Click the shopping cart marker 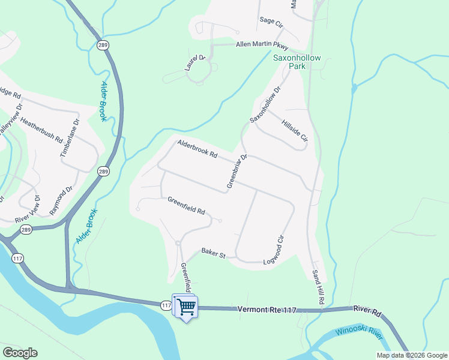pyautogui.click(x=187, y=307)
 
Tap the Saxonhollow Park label pyautogui.click(x=298, y=62)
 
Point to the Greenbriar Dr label pyautogui.click(x=237, y=172)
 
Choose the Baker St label pyautogui.click(x=213, y=253)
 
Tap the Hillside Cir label pyautogui.click(x=295, y=129)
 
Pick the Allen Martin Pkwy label pyautogui.click(x=262, y=46)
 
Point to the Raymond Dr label pyautogui.click(x=61, y=200)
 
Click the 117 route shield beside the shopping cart pyautogui.click(x=166, y=305)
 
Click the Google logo pyautogui.click(x=20, y=353)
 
